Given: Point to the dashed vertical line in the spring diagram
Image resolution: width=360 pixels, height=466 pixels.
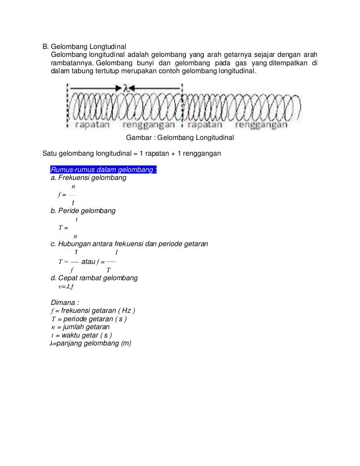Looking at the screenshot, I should (182, 106).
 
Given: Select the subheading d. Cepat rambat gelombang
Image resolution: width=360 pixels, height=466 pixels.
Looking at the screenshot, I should (94, 278).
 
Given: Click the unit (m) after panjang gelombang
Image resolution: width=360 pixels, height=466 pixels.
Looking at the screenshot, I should (126, 343).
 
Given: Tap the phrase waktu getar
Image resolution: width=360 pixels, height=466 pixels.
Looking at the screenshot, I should (80, 336).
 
